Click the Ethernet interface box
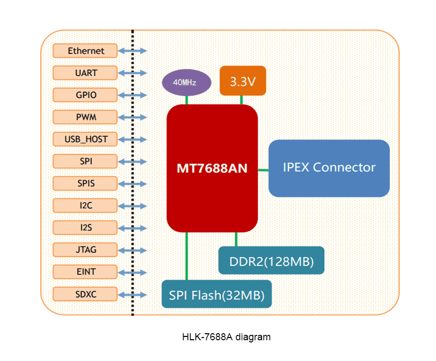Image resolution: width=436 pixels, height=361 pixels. pos(86,51)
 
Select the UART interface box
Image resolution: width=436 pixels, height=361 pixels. pos(86,73)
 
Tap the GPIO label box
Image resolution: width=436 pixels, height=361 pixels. pos(86,95)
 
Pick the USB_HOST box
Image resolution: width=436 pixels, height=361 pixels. pos(86,139)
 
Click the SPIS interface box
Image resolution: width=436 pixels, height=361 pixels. pos(86,183)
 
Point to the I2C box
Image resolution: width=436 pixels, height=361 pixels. pos(86,206)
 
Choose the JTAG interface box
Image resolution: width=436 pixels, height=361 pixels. pos(86,250)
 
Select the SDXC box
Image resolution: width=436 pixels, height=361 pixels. pos(86,294)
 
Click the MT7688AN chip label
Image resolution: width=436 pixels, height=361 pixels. pos(211,168)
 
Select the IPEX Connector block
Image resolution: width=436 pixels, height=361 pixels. pos(329,167)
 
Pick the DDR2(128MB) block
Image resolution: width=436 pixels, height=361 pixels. pos(271,261)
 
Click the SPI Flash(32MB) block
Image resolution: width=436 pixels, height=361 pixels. pos(216,295)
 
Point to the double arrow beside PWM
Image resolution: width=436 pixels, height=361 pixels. pos(132,117)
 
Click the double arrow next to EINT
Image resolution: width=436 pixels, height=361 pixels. pos(132,272)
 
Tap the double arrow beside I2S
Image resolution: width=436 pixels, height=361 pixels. pos(132,227)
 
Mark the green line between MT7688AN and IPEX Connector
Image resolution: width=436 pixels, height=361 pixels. pos(263,170)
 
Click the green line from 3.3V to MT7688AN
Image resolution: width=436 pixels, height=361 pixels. pos(241,99)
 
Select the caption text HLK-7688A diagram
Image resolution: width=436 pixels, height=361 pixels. pos(226,337)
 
